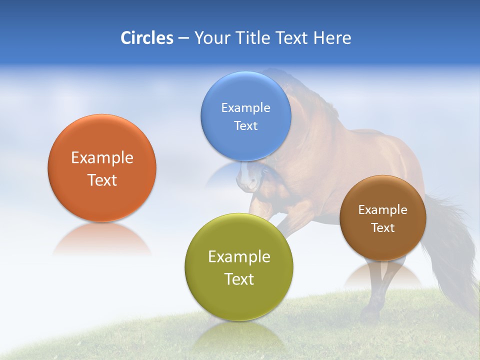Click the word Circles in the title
146,38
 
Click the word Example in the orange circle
102,158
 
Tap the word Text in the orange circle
102,180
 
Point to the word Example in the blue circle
245,108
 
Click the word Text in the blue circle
245,125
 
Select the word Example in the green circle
239,257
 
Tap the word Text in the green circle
239,279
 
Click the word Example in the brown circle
382,210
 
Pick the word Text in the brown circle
382,228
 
